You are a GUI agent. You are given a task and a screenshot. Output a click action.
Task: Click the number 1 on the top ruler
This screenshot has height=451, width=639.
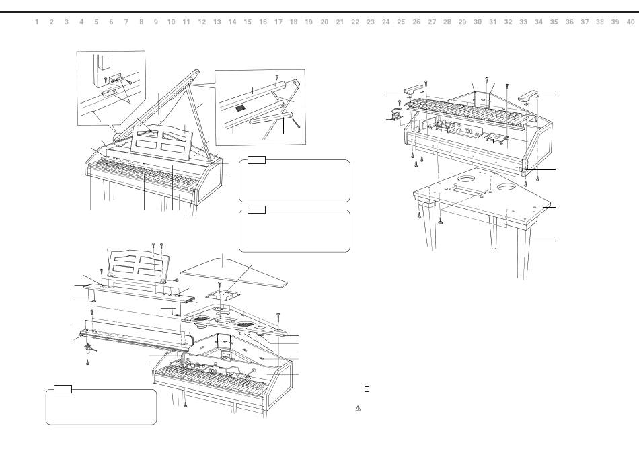(36, 22)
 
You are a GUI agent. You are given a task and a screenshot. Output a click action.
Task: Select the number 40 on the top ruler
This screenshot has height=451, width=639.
(630, 22)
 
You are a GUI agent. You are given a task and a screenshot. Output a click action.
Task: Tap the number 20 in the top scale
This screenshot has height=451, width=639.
(324, 22)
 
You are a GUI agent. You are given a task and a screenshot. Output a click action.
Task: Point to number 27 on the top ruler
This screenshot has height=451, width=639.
(432, 22)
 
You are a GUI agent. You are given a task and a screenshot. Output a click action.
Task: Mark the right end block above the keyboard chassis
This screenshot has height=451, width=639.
(529, 95)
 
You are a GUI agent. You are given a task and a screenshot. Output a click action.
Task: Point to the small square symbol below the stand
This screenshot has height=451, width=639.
(367, 389)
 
